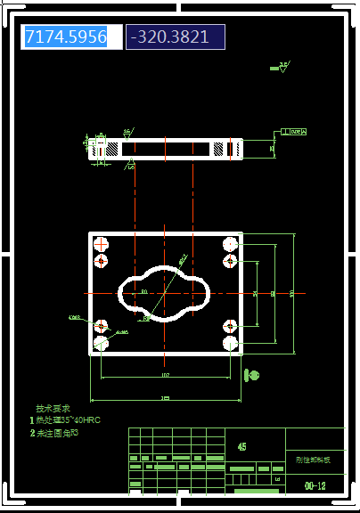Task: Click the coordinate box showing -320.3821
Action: [x=175, y=37]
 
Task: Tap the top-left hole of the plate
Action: [x=102, y=243]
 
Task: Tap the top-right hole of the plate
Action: [x=231, y=243]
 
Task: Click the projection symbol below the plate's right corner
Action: [x=252, y=376]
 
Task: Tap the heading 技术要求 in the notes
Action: [x=51, y=409]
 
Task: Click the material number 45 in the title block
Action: [x=242, y=446]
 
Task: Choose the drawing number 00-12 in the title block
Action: [x=315, y=486]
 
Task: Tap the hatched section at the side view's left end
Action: [x=104, y=149]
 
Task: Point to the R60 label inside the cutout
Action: [x=144, y=291]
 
